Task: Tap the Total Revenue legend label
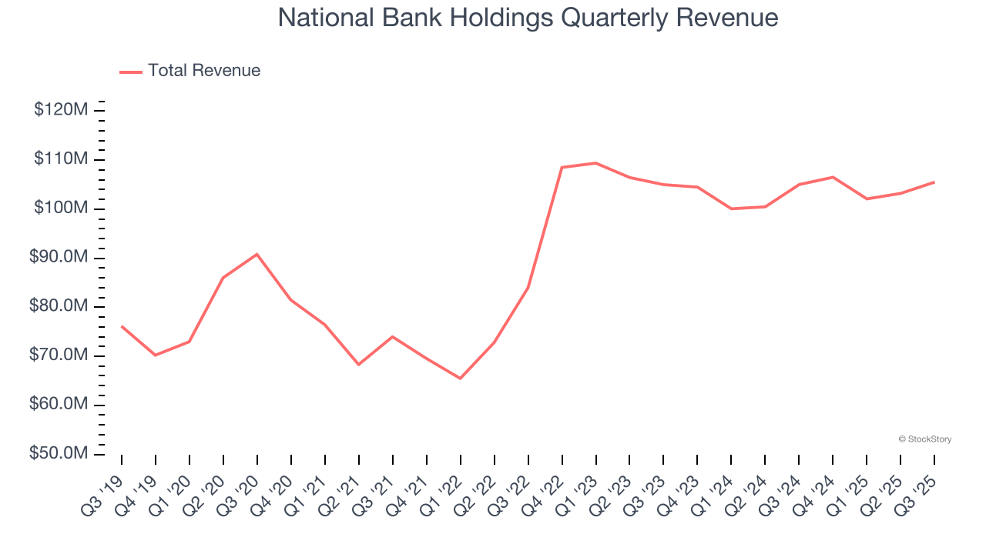click(204, 71)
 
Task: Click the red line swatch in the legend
click(131, 72)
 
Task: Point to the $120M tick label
click(61, 110)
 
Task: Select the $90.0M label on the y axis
click(59, 257)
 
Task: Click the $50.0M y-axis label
click(59, 454)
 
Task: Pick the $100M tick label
click(61, 209)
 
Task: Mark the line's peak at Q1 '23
click(596, 163)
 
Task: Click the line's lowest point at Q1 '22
click(461, 379)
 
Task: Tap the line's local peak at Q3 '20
click(257, 254)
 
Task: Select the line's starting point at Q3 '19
click(122, 326)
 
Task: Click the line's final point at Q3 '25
click(934, 182)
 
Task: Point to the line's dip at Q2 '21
click(359, 364)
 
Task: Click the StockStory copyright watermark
click(925, 439)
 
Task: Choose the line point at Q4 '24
click(833, 177)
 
